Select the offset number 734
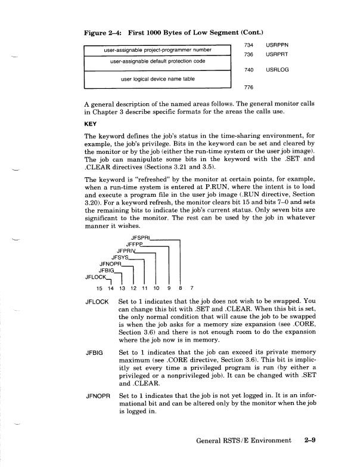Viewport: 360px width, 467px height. coord(249,45)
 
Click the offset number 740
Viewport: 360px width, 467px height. coord(249,70)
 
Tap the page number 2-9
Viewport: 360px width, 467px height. coord(309,441)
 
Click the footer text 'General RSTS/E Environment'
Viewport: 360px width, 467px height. coord(245,441)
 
